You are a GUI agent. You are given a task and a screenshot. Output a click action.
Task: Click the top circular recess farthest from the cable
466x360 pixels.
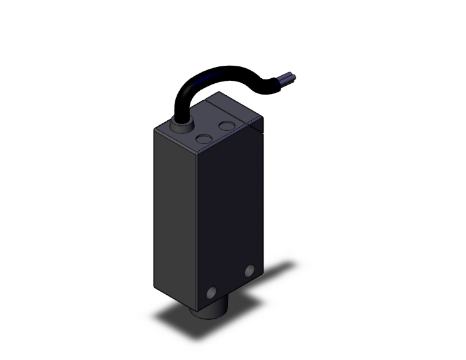[x=227, y=126]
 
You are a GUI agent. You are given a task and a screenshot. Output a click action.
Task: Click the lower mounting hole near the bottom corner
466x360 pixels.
[x=211, y=292]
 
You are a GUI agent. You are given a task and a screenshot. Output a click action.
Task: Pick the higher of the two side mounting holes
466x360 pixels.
[x=251, y=270]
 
